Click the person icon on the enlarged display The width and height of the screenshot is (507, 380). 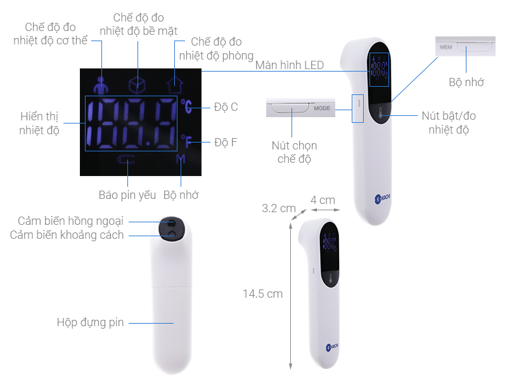coord(101,85)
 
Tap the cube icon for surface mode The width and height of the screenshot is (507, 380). coord(137,85)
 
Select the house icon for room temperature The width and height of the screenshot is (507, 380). coord(175,85)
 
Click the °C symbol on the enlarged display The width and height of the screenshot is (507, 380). coord(186,106)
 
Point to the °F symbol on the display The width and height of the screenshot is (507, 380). coord(186,141)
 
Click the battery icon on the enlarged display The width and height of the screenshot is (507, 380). coord(127,159)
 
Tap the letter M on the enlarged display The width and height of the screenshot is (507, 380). coord(181,159)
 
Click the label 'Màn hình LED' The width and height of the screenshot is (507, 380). coord(290,65)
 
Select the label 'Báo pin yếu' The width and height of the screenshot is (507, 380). coord(127,195)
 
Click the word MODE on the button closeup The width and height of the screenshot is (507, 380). coord(322,108)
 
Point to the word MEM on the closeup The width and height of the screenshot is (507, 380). coord(446,47)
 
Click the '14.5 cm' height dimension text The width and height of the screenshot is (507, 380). coord(262,294)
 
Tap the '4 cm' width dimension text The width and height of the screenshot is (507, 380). coord(323,200)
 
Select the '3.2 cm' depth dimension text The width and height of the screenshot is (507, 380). coord(279,208)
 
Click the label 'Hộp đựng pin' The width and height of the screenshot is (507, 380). coord(90,322)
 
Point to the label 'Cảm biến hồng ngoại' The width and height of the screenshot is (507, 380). coord(70,221)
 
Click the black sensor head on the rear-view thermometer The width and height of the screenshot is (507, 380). coord(171,229)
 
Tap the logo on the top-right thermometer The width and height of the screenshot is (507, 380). coord(383,198)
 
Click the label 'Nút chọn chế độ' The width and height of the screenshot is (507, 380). coord(294,152)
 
